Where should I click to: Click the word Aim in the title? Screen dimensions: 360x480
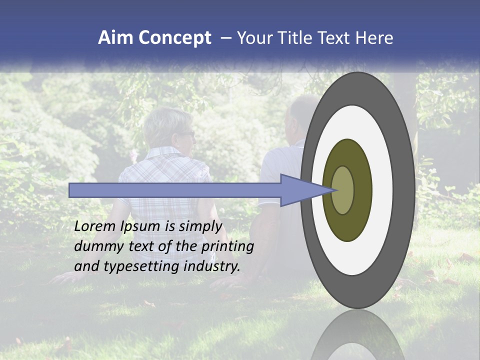[x=115, y=38]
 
